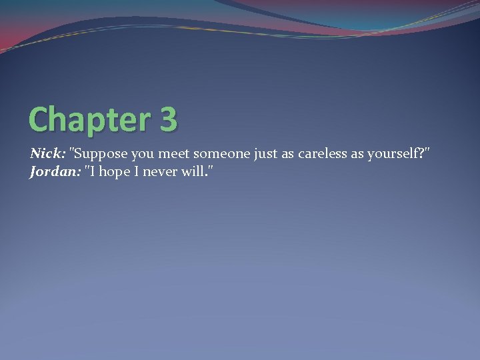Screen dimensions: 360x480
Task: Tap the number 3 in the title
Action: pyautogui.click(x=169, y=119)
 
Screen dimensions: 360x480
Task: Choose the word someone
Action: pyautogui.click(x=220, y=154)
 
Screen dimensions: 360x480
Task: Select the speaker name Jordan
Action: pyautogui.click(x=53, y=173)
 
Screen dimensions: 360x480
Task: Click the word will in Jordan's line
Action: pyautogui.click(x=193, y=173)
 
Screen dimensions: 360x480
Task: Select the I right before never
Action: pyautogui.click(x=136, y=173)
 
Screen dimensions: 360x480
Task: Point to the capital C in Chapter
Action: pyautogui.click(x=39, y=119)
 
